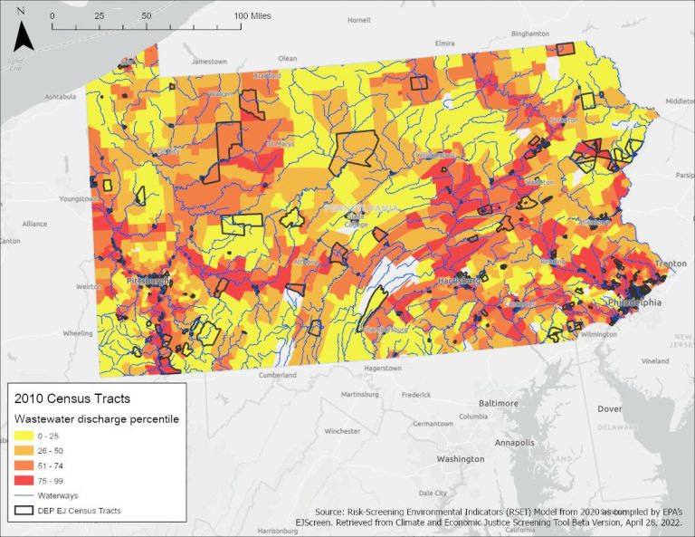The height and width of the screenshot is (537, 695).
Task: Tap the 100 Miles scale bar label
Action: [x=254, y=16]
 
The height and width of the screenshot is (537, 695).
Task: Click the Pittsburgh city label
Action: [x=148, y=282]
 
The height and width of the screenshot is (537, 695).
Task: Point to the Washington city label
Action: [x=461, y=459]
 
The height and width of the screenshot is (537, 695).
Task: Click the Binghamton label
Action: [x=530, y=33]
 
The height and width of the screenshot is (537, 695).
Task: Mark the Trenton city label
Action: [x=671, y=264]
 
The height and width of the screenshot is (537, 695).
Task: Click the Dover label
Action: [x=609, y=408]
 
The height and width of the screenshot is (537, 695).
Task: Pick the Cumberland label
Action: [x=278, y=374]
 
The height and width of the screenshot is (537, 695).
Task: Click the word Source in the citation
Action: [x=330, y=511]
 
